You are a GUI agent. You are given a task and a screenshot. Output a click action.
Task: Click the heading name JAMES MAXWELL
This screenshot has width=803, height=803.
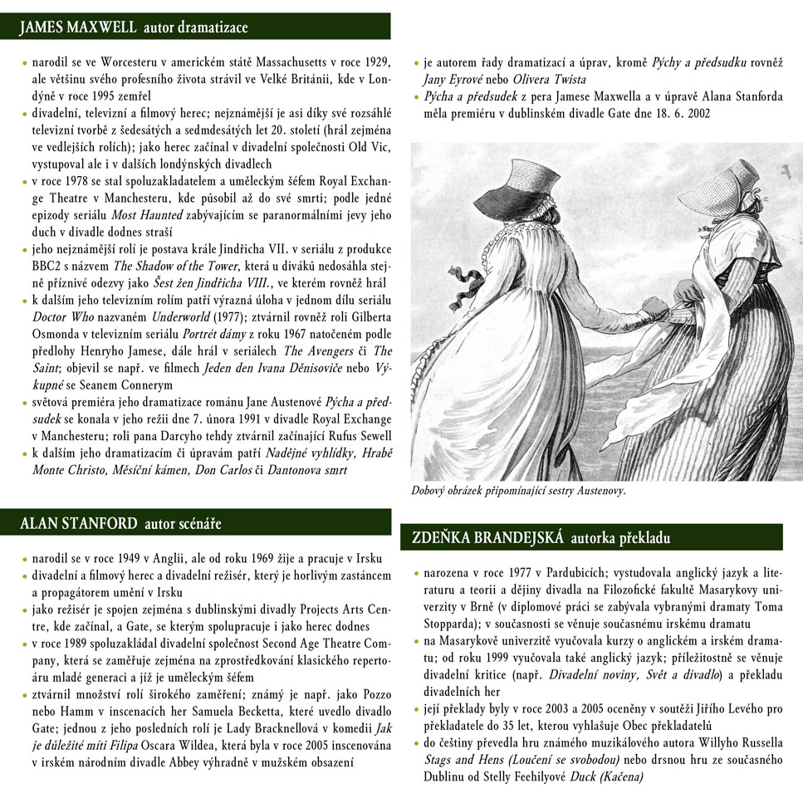pyautogui.click(x=78, y=27)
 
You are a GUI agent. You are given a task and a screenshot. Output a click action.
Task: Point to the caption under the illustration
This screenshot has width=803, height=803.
pyautogui.click(x=518, y=491)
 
